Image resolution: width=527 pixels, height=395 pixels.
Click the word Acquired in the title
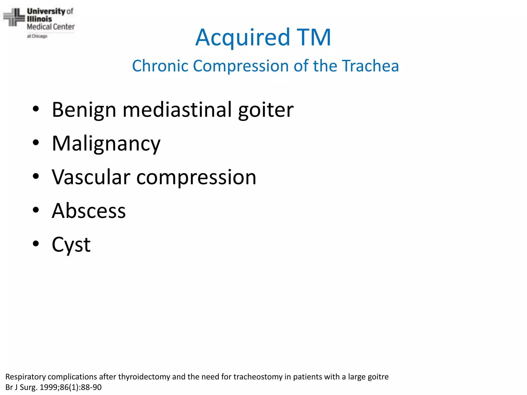coord(243,38)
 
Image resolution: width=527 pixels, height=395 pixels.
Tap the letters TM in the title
coord(314,38)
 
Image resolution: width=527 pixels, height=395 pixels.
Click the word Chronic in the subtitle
coord(160,66)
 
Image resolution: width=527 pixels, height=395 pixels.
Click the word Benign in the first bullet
coord(84,110)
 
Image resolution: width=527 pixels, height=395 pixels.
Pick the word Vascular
coord(91,177)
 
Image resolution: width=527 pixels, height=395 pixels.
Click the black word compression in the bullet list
coord(196,178)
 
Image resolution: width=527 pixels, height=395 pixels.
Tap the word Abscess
coord(89,211)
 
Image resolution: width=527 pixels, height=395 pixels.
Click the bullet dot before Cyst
coord(36,244)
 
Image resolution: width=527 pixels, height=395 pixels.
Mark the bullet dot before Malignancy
coord(36,142)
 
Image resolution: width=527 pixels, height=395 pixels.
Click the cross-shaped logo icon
coord(14,17)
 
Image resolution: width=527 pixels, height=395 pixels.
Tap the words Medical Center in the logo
coord(51,27)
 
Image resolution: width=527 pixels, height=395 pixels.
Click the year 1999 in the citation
coord(50,387)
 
